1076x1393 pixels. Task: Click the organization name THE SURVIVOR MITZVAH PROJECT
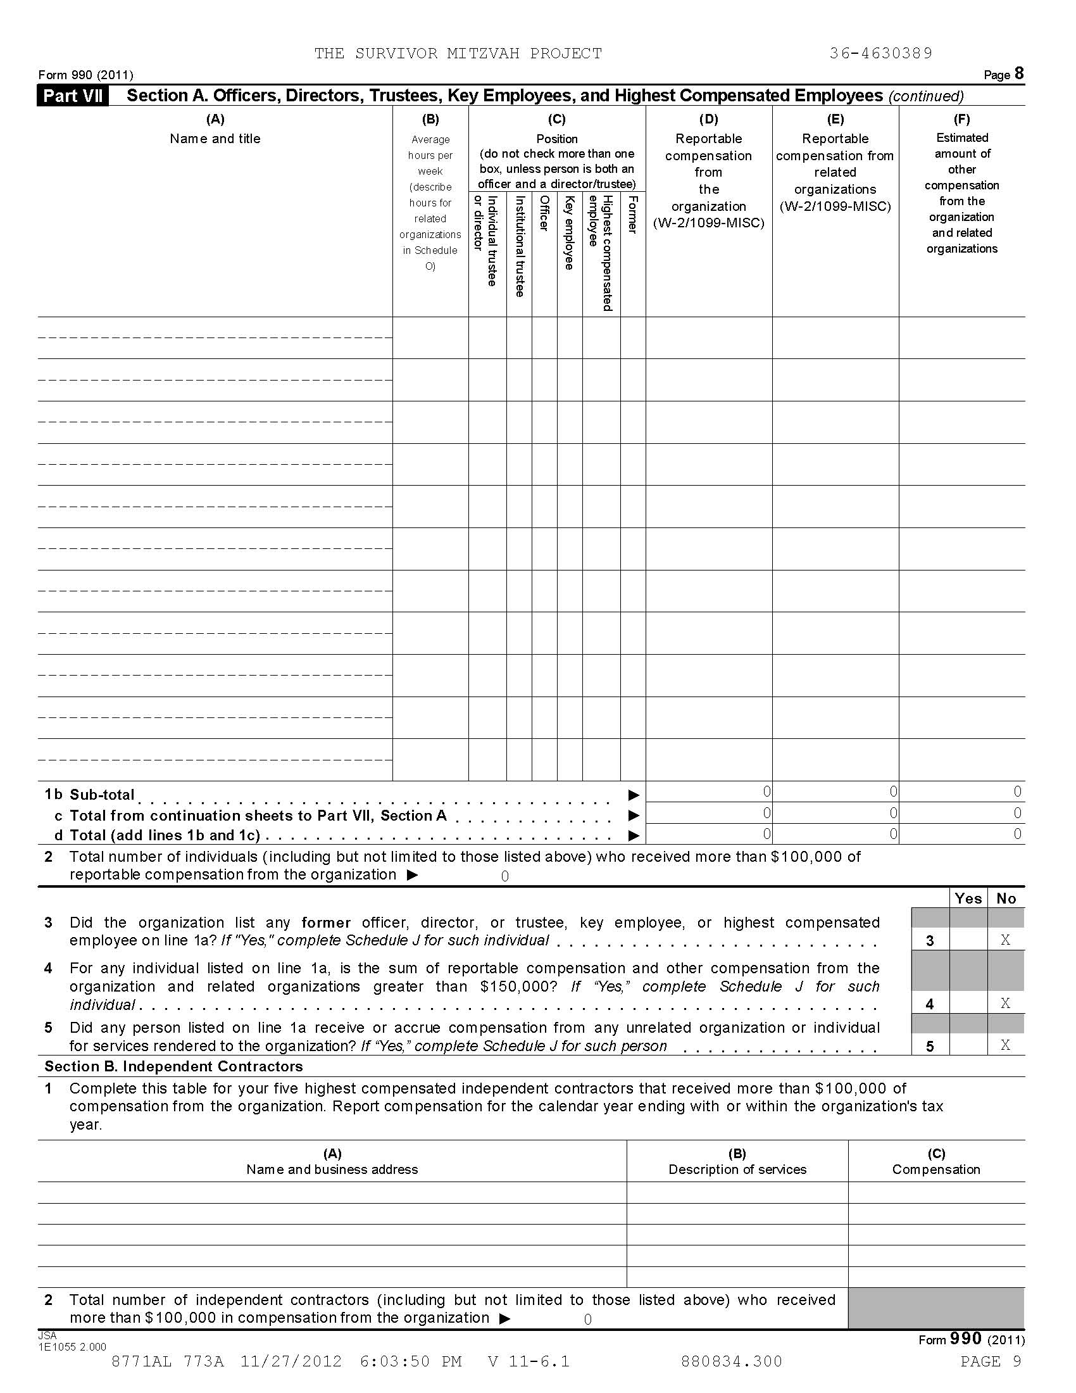tap(457, 54)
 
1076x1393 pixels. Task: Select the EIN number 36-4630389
tap(880, 54)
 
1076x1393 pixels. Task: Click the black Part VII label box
tap(73, 96)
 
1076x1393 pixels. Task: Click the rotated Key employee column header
tap(569, 233)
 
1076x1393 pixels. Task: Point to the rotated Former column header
tap(632, 215)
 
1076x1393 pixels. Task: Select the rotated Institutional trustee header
tap(520, 246)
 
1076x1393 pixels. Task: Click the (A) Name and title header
tap(215, 129)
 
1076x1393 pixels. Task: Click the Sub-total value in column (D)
tap(766, 791)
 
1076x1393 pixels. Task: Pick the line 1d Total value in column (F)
tap(1017, 834)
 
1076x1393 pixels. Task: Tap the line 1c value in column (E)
tap(893, 812)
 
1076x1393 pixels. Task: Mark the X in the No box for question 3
tap(1005, 940)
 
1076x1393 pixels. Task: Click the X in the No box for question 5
tap(1005, 1045)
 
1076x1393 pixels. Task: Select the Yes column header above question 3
tap(968, 898)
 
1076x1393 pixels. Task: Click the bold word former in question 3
tap(326, 923)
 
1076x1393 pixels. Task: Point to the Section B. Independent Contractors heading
tap(173, 1066)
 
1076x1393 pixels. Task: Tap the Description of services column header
tap(737, 1169)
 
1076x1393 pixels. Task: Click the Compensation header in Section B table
tap(935, 1169)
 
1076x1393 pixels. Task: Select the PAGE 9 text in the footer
tap(991, 1361)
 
